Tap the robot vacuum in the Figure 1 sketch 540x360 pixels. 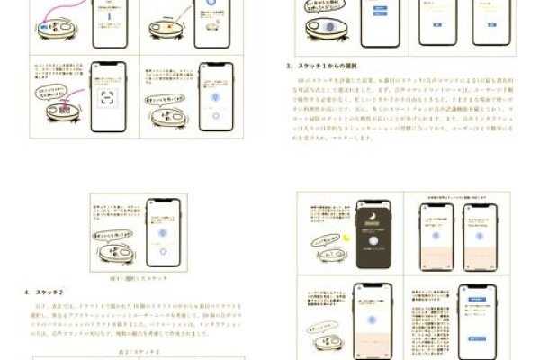click(x=116, y=251)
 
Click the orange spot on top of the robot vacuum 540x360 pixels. click(x=209, y=26)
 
